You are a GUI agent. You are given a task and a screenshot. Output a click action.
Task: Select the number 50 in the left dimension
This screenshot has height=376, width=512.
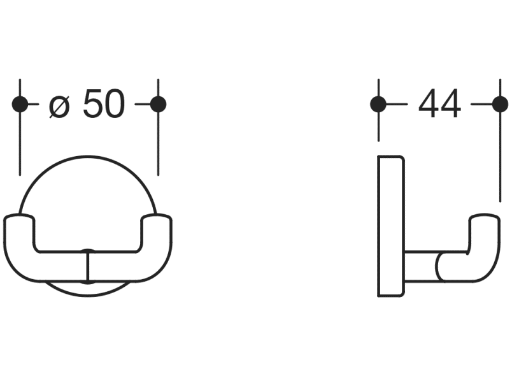104,105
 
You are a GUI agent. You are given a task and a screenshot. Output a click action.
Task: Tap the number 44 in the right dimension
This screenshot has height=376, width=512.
439,105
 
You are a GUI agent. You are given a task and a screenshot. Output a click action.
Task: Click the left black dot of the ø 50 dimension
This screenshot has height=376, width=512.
20,105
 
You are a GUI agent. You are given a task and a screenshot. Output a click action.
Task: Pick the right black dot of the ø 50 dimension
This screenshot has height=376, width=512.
158,105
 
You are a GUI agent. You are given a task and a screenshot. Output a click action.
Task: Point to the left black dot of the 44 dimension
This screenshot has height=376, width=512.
378,105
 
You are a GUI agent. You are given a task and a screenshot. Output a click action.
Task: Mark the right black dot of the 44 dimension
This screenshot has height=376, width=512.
501,105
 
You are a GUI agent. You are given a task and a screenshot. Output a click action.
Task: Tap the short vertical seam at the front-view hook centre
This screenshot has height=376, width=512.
88,266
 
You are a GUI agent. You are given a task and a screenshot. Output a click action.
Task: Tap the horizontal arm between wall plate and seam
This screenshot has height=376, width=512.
420,267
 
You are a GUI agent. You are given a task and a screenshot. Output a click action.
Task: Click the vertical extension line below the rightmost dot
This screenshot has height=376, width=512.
501,159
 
